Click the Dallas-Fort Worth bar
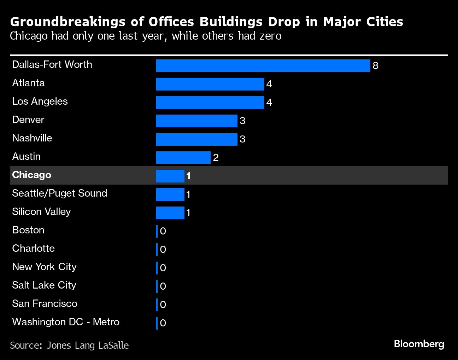263,66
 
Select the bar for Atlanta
210,84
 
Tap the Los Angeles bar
210,103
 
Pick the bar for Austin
183,158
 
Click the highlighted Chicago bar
170,176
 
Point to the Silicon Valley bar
170,213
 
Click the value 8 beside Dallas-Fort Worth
375,66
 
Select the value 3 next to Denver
242,121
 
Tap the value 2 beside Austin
216,158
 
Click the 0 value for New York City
163,268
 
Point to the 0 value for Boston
163,231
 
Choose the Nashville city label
32,138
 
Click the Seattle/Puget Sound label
59,193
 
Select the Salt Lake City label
44,285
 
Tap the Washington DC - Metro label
66,322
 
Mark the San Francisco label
45,303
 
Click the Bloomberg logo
419,344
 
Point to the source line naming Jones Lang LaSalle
69,345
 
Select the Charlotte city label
33,248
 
